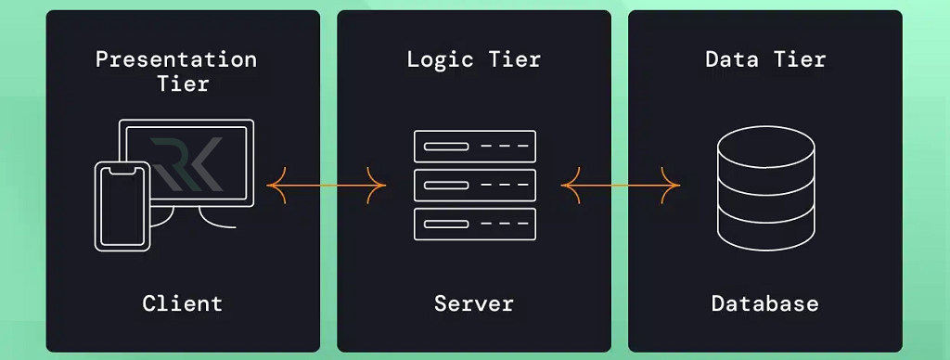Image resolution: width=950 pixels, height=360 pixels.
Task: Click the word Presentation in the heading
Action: click(176, 60)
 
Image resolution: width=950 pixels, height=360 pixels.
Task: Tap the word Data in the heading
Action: click(731, 60)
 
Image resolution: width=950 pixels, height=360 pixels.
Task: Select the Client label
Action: click(183, 302)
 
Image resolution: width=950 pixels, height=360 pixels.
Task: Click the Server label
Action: click(474, 302)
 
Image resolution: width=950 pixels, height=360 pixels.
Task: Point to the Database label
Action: click(765, 302)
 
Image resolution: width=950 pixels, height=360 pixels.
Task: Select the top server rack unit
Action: click(474, 147)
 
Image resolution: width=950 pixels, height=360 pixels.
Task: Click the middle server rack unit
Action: click(474, 186)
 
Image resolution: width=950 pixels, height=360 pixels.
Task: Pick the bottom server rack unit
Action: click(474, 224)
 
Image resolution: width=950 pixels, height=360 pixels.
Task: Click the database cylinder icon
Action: click(766, 190)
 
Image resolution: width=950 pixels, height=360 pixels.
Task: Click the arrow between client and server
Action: click(327, 186)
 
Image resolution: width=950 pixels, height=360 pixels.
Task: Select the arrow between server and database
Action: click(620, 186)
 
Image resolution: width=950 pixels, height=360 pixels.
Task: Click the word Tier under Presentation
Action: click(176, 84)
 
